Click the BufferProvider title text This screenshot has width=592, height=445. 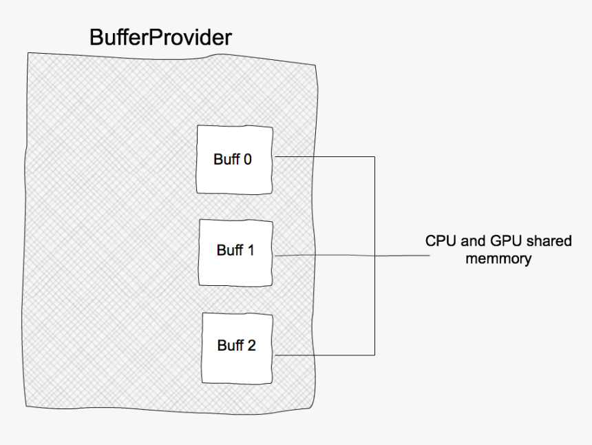point(160,37)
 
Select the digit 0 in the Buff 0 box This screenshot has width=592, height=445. point(247,159)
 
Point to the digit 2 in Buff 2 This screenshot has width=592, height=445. point(251,345)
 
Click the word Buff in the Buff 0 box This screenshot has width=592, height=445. point(226,159)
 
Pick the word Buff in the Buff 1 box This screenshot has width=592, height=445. point(229,250)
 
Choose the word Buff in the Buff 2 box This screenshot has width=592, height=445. point(230,345)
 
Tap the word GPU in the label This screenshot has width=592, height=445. point(502,242)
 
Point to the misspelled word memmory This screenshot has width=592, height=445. point(498,259)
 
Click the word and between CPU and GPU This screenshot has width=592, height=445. point(469,242)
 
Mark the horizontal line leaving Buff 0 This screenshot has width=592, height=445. point(324,156)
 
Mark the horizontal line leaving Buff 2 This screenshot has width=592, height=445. point(324,355)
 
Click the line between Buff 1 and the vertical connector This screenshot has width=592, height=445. point(324,255)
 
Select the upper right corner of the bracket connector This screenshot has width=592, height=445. point(374,156)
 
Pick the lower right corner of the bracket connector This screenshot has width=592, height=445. point(374,355)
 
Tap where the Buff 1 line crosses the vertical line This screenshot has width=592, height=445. point(374,255)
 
